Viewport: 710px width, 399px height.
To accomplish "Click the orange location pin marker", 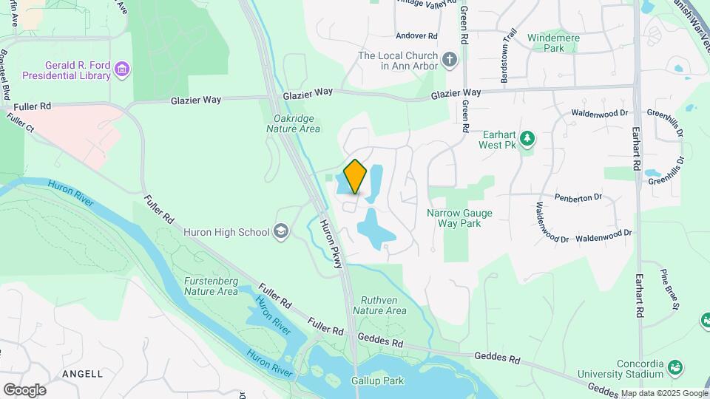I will pos(355,177).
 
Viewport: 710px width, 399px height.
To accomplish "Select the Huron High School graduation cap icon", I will pos(281,232).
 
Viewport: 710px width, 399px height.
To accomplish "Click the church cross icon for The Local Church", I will pos(450,60).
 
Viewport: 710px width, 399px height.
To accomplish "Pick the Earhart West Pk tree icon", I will pos(527,138).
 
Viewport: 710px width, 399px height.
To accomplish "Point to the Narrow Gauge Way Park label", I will pos(459,218).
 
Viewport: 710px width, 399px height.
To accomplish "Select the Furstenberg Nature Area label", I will pos(212,286).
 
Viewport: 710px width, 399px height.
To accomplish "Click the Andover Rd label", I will pos(417,35).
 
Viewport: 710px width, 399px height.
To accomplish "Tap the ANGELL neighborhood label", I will pos(83,374).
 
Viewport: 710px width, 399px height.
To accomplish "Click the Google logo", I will pos(24,389).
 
